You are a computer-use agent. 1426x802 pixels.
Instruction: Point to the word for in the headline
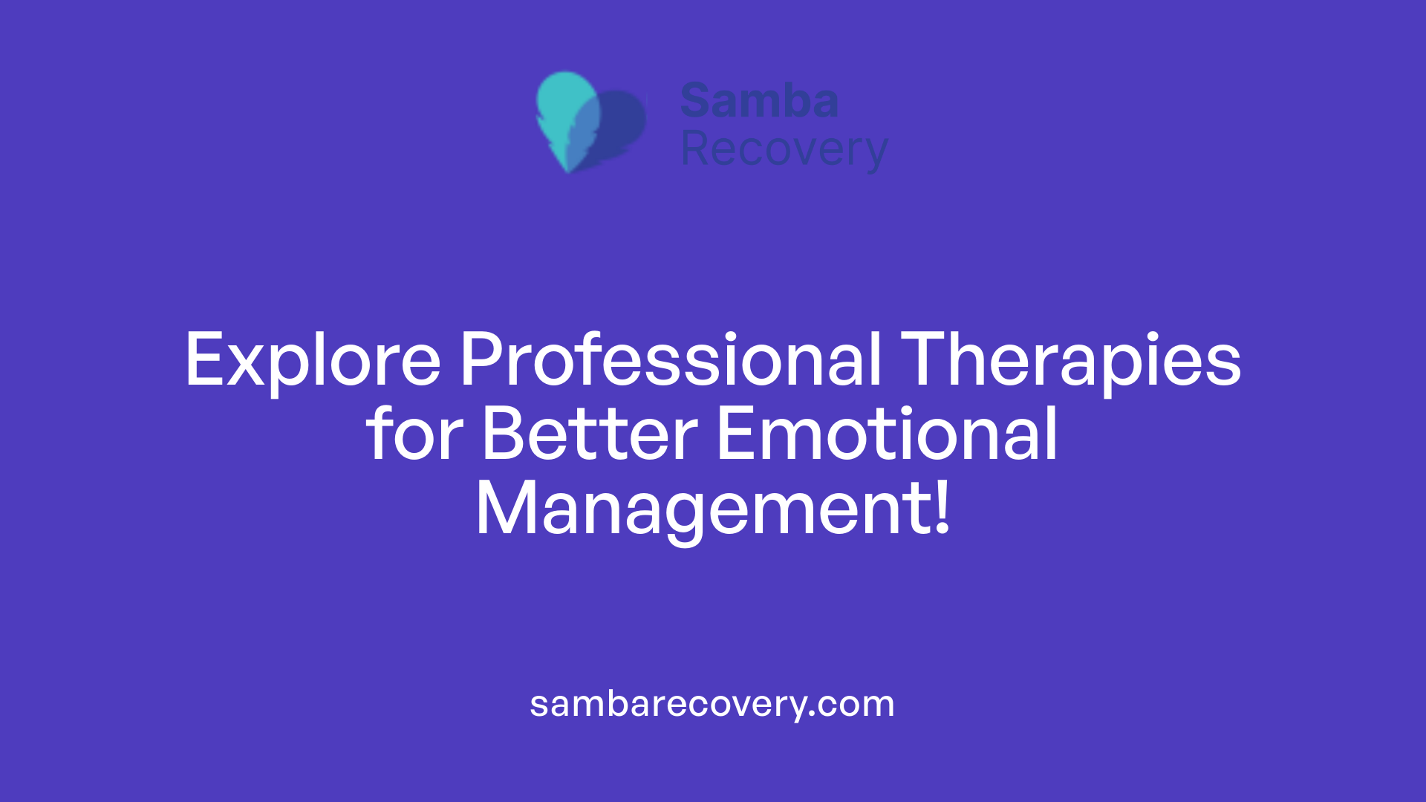(414, 434)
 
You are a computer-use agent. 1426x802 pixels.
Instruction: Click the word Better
(590, 434)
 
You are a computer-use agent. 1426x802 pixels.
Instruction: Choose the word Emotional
(887, 434)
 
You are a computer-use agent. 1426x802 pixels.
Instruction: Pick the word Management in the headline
(698, 509)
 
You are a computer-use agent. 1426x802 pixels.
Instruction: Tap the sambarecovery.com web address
(712, 704)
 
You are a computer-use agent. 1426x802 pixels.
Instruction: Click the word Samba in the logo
(759, 101)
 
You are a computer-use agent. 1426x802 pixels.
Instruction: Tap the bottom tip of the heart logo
(569, 169)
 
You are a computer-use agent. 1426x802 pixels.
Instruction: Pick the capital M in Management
(505, 509)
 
